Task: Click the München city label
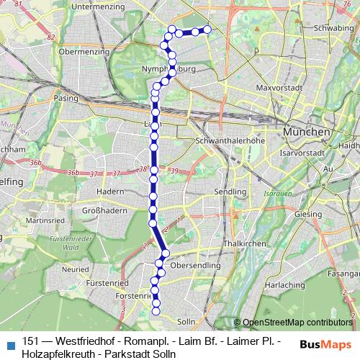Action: [307, 133]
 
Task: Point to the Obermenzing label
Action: [84, 53]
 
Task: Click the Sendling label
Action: [230, 193]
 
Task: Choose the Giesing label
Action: [307, 214]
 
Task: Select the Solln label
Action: [186, 321]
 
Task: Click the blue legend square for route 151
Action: [10, 343]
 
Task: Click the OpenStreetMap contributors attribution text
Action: [297, 323]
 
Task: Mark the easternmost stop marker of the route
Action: [207, 30]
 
